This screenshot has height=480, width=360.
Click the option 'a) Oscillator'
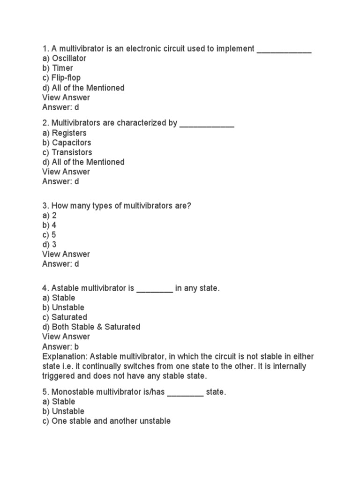tap(64, 59)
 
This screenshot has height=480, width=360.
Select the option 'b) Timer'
tap(58, 68)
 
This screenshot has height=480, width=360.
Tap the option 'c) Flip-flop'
tap(61, 78)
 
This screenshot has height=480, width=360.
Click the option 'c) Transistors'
tap(67, 152)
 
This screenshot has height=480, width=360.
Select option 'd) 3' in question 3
tap(49, 244)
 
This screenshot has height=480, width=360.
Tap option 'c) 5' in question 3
tap(49, 235)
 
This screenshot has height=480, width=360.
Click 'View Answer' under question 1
tap(66, 97)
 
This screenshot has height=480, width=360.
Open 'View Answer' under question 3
tap(66, 254)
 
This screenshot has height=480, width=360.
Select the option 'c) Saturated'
tap(64, 317)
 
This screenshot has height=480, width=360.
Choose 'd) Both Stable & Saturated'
tap(91, 327)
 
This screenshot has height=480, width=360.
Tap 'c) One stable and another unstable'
tap(106, 421)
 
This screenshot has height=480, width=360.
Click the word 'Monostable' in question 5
tap(73, 392)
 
